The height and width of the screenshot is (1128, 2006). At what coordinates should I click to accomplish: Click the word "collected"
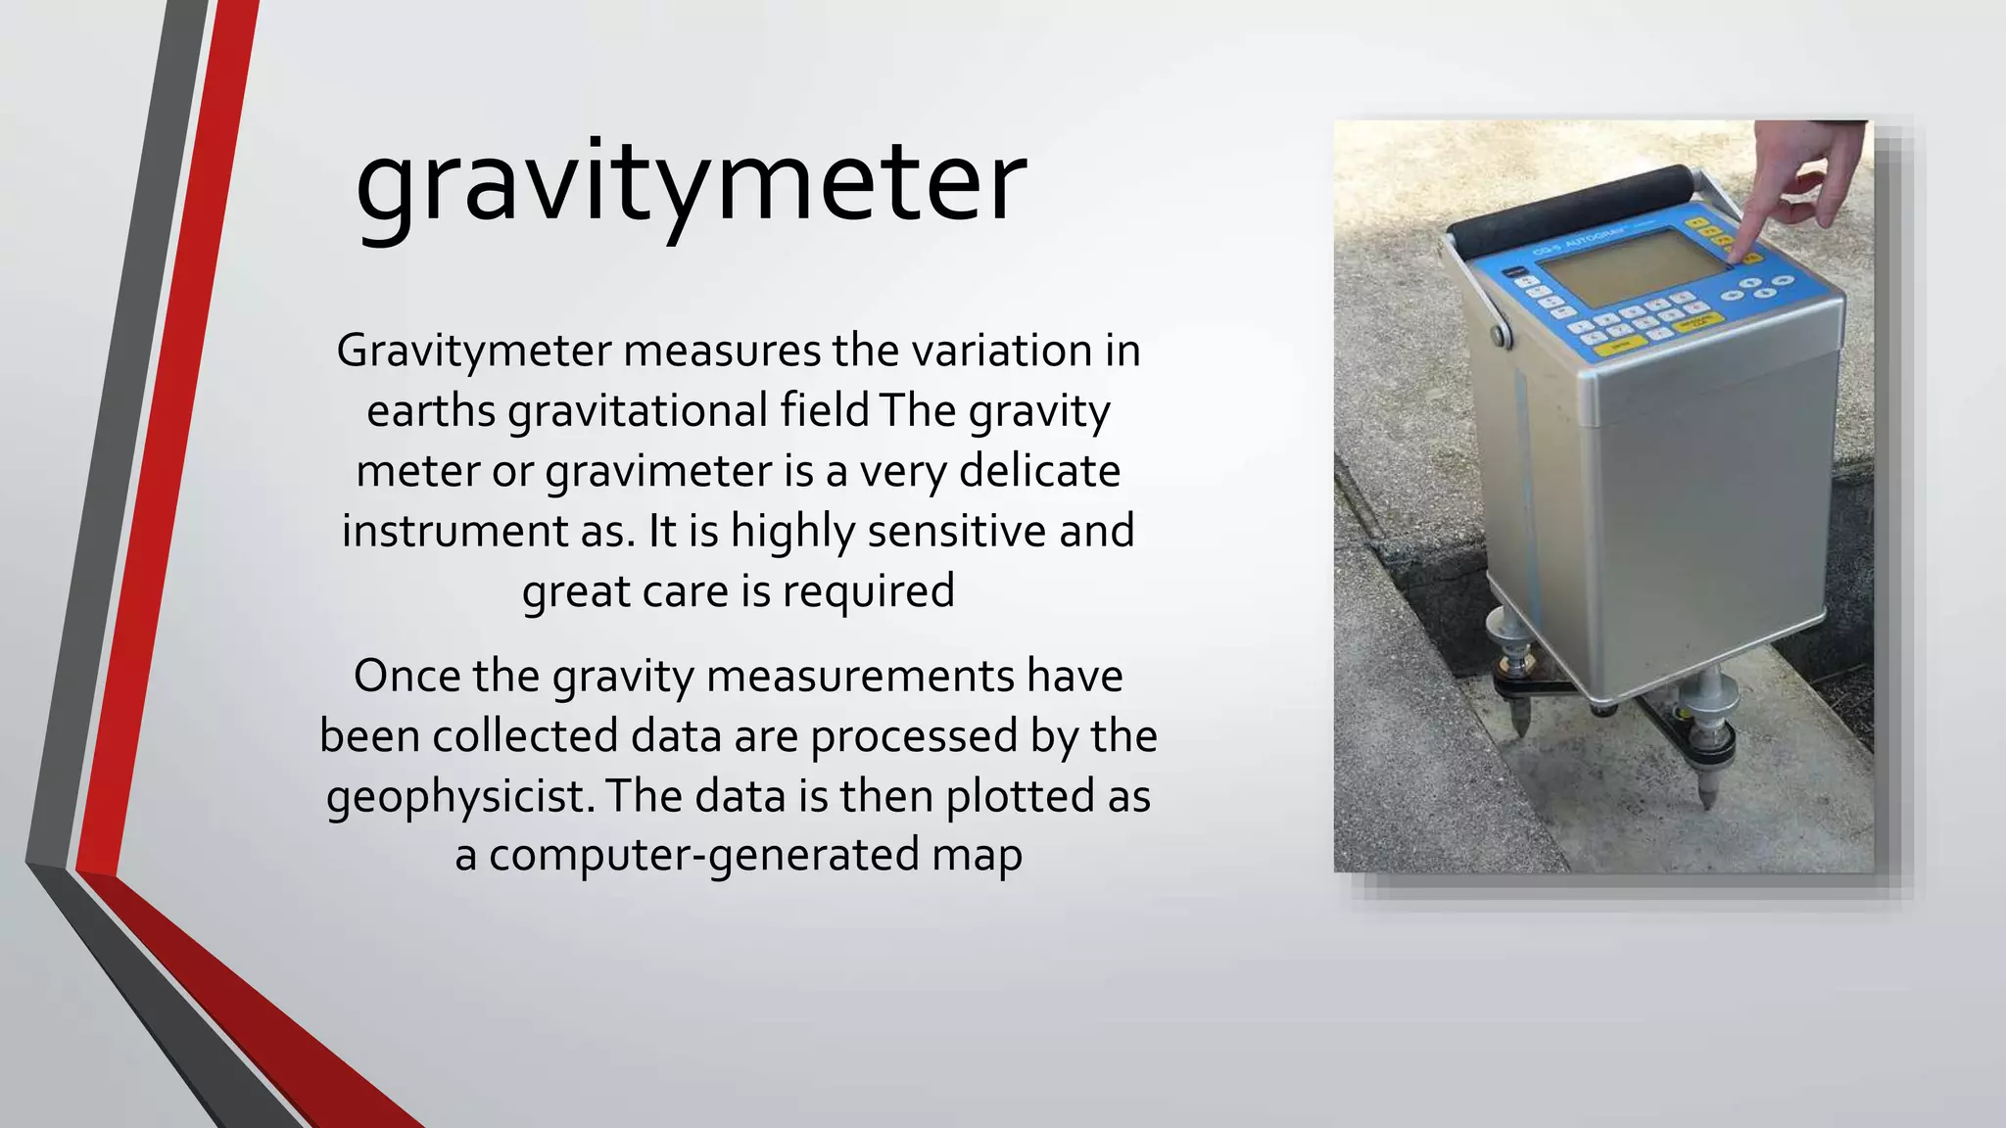pyautogui.click(x=525, y=735)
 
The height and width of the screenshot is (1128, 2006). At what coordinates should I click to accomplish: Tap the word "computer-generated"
pyautogui.click(x=704, y=855)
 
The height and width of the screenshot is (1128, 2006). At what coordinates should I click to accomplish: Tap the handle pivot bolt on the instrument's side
pyautogui.click(x=1500, y=336)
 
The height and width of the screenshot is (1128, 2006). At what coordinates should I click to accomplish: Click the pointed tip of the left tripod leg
pyautogui.click(x=1517, y=730)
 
